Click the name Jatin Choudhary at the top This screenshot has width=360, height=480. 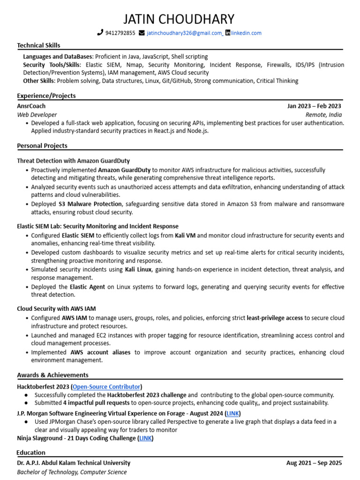179,19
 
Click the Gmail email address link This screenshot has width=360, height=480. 184,33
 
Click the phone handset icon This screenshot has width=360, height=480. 100,33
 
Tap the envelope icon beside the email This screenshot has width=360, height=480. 142,33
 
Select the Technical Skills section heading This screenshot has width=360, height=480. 38,45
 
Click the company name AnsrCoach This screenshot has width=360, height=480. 31,106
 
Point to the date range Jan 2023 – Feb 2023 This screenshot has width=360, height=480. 314,106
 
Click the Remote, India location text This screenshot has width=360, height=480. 323,115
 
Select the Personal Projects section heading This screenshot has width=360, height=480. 42,146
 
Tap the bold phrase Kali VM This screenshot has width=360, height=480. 185,235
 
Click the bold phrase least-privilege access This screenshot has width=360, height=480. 275,318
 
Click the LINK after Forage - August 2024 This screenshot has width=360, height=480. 233,413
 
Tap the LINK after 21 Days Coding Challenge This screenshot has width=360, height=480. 145,438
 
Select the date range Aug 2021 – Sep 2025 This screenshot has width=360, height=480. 314,463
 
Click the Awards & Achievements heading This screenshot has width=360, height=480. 52,375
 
